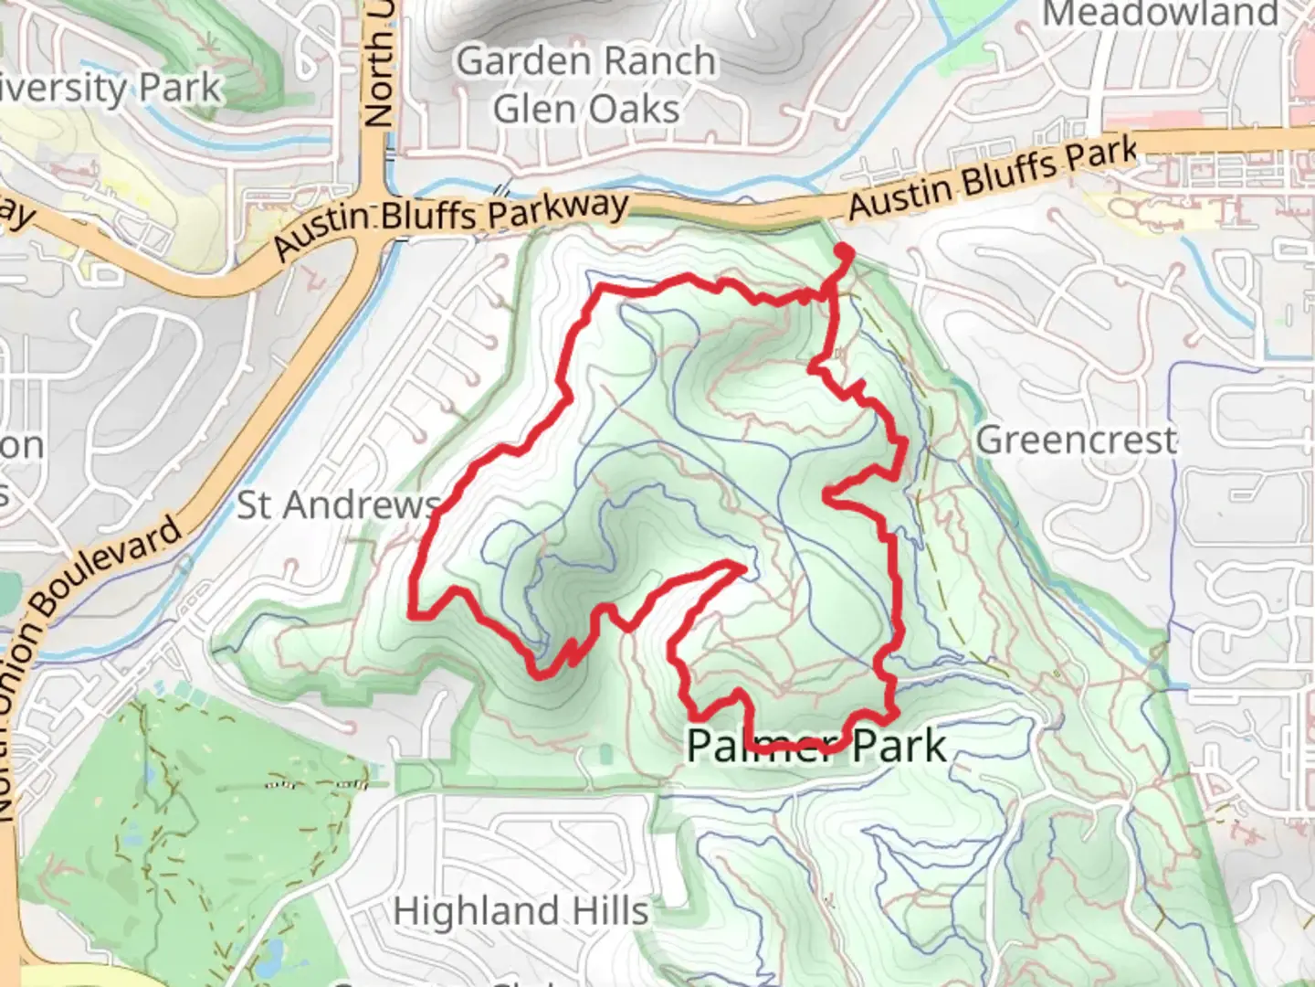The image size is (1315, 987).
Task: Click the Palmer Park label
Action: pyautogui.click(x=815, y=746)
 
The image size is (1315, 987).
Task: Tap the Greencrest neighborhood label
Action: pyautogui.click(x=1077, y=440)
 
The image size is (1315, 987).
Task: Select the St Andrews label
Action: pyautogui.click(x=337, y=504)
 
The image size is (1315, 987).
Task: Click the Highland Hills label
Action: pyautogui.click(x=521, y=911)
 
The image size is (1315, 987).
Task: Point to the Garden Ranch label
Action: pyautogui.click(x=585, y=62)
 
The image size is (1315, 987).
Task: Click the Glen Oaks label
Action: pyautogui.click(x=585, y=110)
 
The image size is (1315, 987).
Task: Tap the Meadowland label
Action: pyautogui.click(x=1160, y=14)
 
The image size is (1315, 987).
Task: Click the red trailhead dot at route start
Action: pyautogui.click(x=843, y=252)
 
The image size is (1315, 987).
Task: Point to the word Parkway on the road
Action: pyautogui.click(x=556, y=209)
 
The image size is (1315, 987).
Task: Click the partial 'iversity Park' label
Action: pyautogui.click(x=110, y=89)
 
